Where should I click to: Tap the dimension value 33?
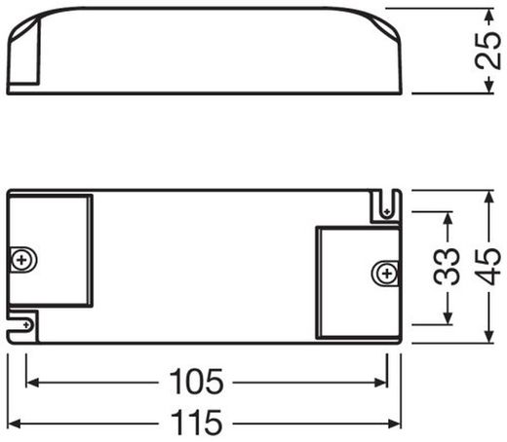(448, 266)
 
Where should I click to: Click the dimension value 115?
(201, 423)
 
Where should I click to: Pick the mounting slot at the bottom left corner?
(21, 323)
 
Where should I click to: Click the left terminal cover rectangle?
(51, 251)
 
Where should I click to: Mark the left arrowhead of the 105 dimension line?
(30, 383)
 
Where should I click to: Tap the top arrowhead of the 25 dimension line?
(487, 14)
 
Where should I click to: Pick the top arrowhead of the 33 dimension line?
(448, 217)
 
